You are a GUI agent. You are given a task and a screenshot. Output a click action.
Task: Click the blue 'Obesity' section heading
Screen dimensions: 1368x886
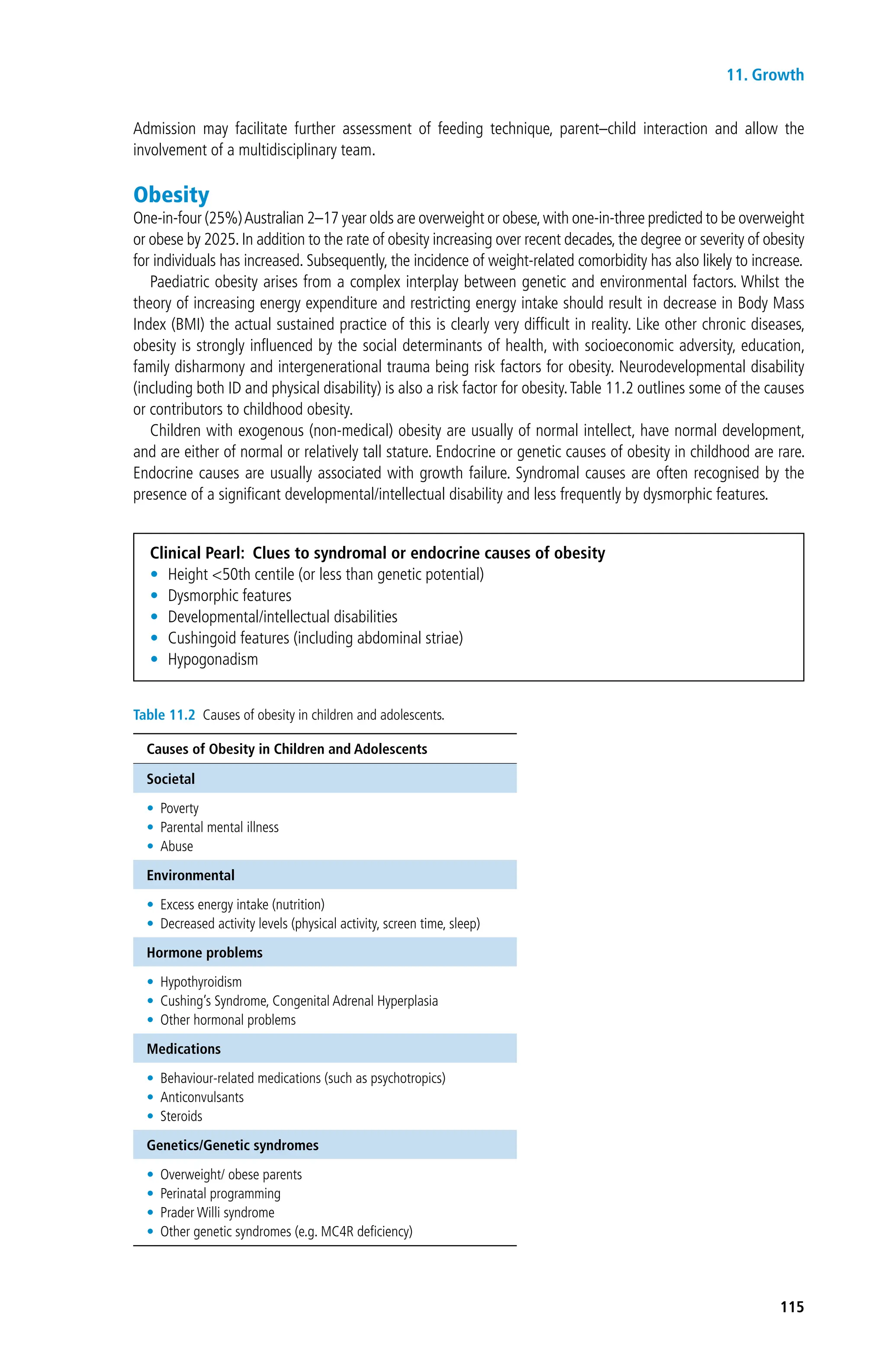point(171,195)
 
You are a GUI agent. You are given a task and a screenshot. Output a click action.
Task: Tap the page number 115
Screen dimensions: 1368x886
point(791,1307)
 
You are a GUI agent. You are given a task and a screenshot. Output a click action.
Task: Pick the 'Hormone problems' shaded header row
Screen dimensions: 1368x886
point(204,952)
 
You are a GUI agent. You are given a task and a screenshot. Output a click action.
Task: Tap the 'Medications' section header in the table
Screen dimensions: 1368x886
point(183,1048)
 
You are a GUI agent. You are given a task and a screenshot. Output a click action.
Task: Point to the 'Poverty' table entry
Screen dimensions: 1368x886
point(179,808)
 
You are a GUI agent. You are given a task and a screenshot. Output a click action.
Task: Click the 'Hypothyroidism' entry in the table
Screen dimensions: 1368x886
point(201,982)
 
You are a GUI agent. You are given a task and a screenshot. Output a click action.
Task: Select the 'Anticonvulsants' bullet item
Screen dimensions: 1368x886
point(202,1097)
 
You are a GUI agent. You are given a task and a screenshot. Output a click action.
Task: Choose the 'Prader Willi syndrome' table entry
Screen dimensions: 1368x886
point(217,1212)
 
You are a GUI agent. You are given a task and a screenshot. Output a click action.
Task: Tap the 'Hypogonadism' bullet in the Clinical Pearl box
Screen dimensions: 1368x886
point(213,659)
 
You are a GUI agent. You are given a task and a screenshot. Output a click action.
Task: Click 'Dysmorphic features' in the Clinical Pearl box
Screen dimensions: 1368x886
point(229,595)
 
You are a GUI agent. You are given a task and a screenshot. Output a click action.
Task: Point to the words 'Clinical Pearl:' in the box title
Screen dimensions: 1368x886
point(197,553)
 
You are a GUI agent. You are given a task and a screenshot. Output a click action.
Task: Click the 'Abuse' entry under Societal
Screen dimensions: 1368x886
point(177,846)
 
